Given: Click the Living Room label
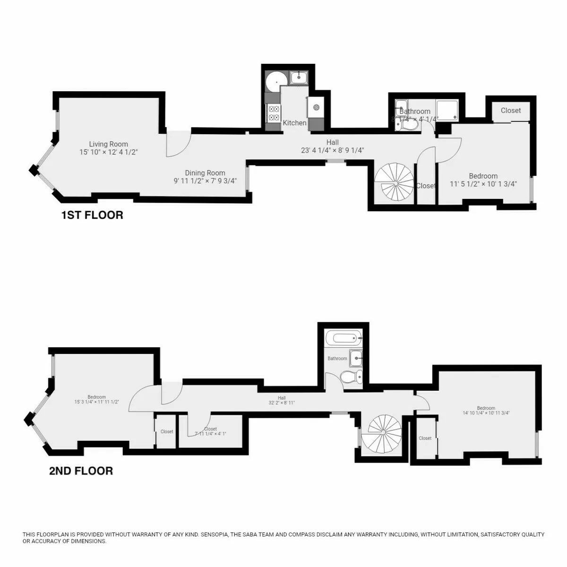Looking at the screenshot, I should [109, 144].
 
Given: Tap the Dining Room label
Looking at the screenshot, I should [205, 173].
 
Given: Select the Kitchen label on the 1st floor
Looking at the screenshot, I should [294, 123].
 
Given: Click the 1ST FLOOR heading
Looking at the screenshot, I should [92, 215].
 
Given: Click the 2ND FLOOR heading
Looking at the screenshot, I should [81, 471].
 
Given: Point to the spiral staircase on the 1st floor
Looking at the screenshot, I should [394, 182].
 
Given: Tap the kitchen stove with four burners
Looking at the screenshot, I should [273, 114].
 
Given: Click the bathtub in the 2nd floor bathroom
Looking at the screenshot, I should [344, 338].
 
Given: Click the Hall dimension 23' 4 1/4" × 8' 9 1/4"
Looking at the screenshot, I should [332, 151].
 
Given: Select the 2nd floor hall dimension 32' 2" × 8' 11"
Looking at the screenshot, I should [282, 404].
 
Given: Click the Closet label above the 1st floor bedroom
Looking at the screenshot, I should [511, 111].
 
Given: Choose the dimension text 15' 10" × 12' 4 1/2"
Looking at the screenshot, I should [109, 152].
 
